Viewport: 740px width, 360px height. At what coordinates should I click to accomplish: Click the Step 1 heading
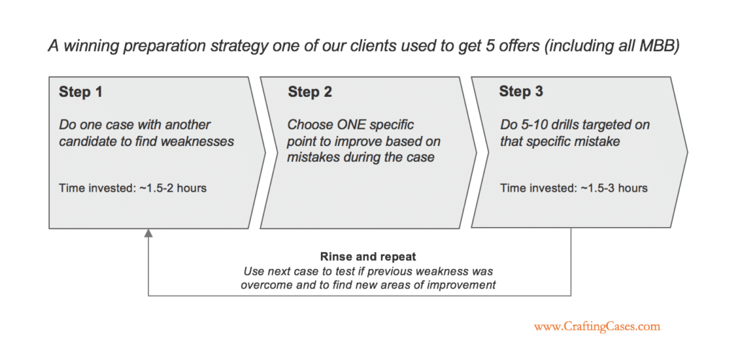[x=81, y=92]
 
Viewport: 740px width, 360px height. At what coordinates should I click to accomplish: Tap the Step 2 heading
[x=310, y=92]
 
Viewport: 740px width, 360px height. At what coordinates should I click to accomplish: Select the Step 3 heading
[x=521, y=92]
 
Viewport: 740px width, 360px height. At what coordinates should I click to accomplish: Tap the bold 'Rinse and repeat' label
[x=368, y=257]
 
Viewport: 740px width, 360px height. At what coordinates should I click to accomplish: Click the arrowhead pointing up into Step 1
[x=148, y=233]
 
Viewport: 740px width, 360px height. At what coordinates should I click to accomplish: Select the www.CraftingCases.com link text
[x=597, y=327]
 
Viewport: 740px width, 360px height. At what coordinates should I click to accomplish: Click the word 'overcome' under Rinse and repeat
[x=262, y=285]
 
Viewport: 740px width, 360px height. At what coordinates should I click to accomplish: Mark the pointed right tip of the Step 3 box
[x=687, y=153]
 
